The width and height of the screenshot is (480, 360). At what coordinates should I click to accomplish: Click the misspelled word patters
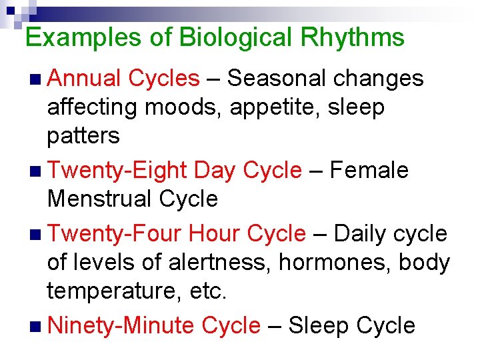point(83,136)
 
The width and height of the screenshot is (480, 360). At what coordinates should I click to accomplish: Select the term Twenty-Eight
point(117,171)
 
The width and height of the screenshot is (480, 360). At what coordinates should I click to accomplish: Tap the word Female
point(369,171)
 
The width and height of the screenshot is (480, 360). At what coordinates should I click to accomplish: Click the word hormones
point(335,263)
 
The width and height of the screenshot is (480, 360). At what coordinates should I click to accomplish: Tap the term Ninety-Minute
point(121,326)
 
